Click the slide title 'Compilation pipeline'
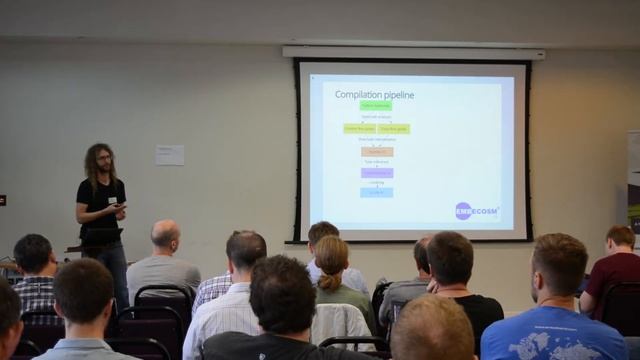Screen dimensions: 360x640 coord(375,94)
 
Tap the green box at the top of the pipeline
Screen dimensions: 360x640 coord(376,105)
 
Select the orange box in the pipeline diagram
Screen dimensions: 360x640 coord(377,152)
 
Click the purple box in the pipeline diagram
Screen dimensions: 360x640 coord(377,172)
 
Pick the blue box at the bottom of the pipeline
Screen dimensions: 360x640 coord(377,192)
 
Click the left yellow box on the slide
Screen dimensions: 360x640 coord(359,128)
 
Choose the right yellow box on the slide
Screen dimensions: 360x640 coord(394,128)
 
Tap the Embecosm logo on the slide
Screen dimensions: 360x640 coord(477,210)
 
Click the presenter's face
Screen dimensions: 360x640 coord(103,159)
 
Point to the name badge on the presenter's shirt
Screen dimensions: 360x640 coord(112,200)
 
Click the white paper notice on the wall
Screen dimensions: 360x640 coord(169,154)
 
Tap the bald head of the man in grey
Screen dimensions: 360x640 coord(165,234)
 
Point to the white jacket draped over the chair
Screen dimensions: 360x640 coord(339,322)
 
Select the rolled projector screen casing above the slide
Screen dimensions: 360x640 coord(413,51)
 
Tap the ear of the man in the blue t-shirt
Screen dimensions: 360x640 coord(531,275)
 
